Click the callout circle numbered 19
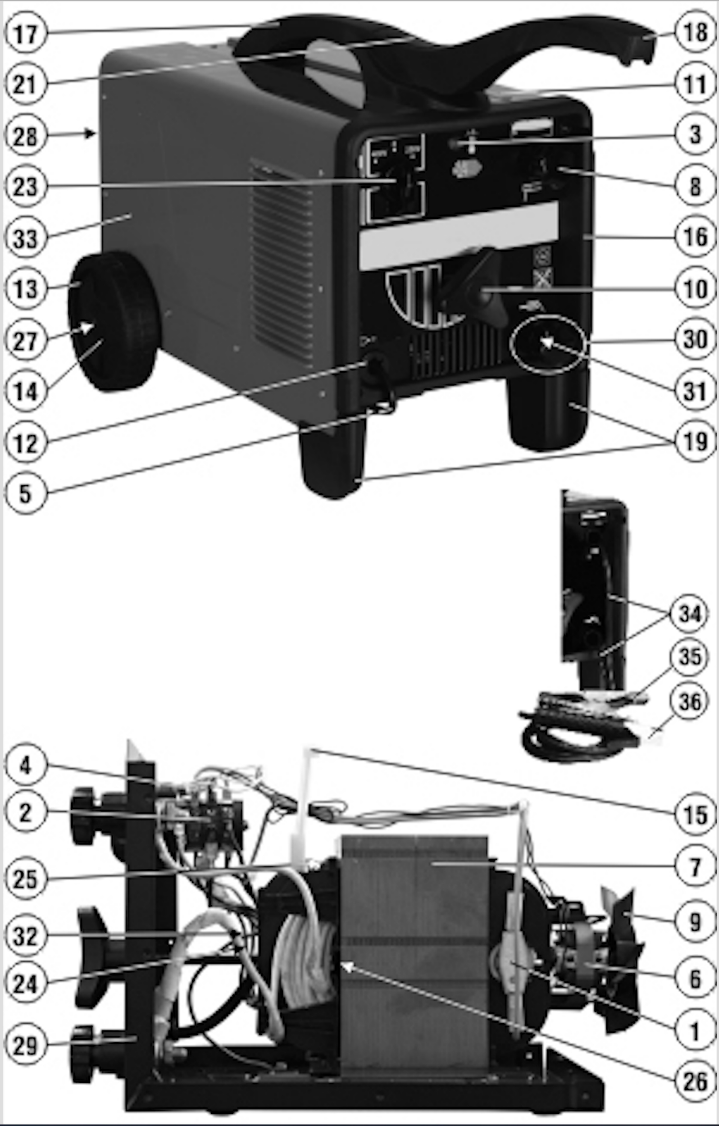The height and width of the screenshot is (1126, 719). [x=695, y=441]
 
